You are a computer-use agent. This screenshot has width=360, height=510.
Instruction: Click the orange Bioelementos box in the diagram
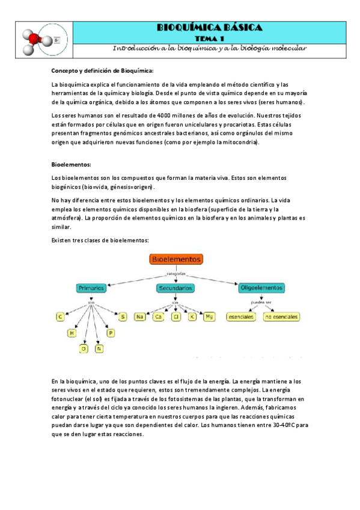[x=177, y=259]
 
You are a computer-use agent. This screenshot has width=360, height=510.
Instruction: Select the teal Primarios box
[x=91, y=288]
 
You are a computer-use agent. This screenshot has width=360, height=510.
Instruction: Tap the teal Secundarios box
[x=175, y=289]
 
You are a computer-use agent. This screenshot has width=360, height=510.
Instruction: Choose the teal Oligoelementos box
[x=262, y=288]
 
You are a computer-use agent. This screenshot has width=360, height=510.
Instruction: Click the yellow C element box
[x=60, y=316]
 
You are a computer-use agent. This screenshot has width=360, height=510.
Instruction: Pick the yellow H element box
[x=72, y=333]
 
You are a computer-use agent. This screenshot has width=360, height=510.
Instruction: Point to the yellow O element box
[x=84, y=348]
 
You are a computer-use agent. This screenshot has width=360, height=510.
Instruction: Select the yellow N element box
[x=99, y=348]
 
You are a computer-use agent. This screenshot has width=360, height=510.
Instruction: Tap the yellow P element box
[x=111, y=333]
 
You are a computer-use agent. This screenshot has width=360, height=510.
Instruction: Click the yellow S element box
[x=123, y=316]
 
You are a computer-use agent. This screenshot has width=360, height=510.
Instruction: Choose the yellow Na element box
[x=140, y=316]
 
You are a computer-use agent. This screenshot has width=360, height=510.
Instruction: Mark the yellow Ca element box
[x=158, y=316]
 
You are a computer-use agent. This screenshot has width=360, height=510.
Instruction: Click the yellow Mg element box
[x=209, y=316]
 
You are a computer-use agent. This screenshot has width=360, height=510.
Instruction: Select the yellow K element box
[x=192, y=316]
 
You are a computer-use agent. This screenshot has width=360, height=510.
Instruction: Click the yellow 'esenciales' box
[x=240, y=316]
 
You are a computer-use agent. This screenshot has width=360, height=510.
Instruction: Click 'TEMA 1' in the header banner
[x=209, y=37]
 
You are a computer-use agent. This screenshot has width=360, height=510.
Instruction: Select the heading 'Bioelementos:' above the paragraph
[x=71, y=164]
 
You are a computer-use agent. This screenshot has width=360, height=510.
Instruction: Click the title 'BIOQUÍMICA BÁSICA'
[x=209, y=28]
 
